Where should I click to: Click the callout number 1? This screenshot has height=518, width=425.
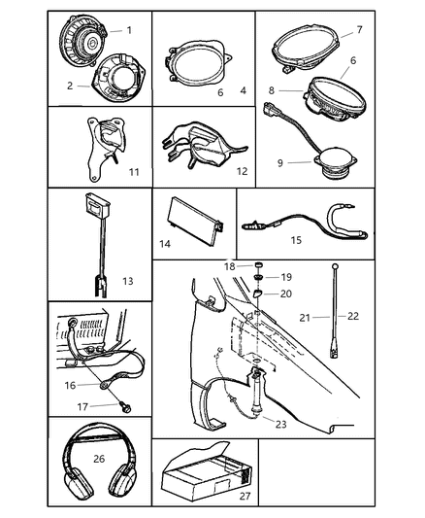pos(129,30)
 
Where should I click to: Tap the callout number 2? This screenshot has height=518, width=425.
pos(70,86)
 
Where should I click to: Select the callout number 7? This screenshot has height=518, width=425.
pos(359,30)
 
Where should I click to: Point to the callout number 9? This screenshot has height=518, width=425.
pos(280,163)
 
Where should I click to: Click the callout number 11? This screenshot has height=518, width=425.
pos(134,172)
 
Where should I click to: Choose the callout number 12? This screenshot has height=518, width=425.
pos(242,171)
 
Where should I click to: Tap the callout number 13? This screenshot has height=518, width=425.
pos(128,281)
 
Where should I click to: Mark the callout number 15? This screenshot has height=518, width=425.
pos(296,240)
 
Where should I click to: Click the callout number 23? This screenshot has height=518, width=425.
pos(281,424)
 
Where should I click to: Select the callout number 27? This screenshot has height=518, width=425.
pos(245,496)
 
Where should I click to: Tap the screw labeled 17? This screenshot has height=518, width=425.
pos(125,406)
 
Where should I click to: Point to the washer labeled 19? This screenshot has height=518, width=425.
pos(257,277)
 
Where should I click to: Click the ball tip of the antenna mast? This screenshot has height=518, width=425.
pos(336,266)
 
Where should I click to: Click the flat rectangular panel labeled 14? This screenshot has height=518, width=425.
pos(195,221)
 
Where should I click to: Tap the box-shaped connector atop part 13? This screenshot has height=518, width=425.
pos(97,204)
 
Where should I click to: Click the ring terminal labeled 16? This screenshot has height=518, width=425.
pos(105,385)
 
